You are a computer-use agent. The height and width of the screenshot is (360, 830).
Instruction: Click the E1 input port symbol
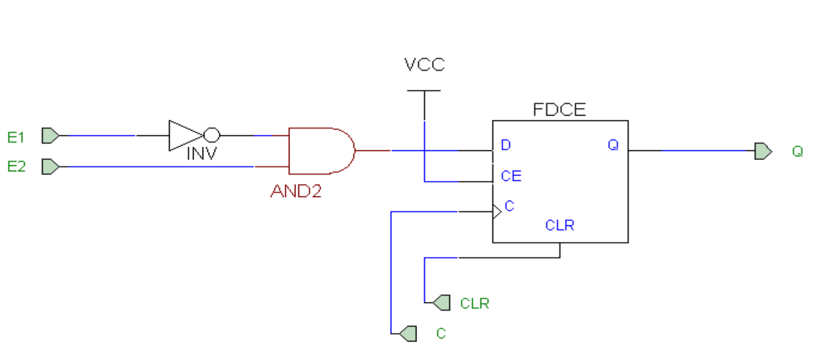tap(50, 136)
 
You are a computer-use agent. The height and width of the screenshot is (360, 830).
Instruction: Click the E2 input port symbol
tap(50, 166)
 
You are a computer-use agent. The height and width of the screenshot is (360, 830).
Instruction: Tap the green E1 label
tap(16, 137)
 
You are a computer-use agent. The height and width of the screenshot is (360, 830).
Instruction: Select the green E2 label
tap(16, 167)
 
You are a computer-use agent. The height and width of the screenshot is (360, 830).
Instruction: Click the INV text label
tap(201, 153)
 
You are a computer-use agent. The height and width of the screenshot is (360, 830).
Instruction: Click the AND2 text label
tap(296, 192)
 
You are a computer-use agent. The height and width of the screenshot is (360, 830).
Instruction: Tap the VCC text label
tap(424, 65)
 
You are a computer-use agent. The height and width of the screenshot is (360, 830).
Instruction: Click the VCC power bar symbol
tap(424, 91)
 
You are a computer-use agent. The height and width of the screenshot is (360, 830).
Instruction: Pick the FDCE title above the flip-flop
tap(559, 110)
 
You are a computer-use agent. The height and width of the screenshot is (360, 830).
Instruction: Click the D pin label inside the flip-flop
tap(505, 146)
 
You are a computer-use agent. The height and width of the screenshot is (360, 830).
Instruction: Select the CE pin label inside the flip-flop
tap(511, 176)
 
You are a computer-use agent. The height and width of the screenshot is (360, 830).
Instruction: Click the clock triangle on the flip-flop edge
tap(497, 211)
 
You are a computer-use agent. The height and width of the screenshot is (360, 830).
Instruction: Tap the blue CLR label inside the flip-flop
tap(560, 225)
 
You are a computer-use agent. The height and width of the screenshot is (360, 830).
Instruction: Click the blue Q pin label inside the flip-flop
tap(613, 145)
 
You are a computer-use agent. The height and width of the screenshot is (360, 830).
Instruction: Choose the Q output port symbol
tap(763, 151)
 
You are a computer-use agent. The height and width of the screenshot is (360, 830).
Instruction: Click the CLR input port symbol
tap(441, 302)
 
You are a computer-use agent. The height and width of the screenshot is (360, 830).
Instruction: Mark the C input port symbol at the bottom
tap(408, 333)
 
